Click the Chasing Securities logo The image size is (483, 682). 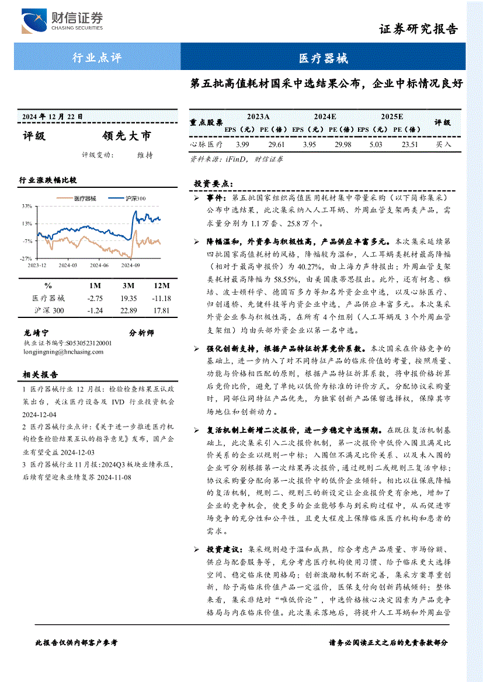click(x=62, y=22)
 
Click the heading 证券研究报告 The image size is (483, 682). click(x=418, y=29)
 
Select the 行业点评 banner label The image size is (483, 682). click(x=96, y=58)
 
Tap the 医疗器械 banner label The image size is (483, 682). click(x=323, y=58)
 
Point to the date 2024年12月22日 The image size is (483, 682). click(x=53, y=116)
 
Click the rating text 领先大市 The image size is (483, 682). click(x=126, y=136)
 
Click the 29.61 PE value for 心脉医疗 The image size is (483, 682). click(x=276, y=144)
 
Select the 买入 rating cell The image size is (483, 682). click(x=443, y=144)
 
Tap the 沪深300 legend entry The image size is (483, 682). click(x=135, y=198)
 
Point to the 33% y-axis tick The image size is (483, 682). click(x=27, y=206)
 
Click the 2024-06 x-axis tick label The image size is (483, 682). click(x=99, y=265)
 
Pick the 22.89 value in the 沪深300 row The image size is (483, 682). click(x=128, y=310)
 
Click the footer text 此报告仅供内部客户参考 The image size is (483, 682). click(x=77, y=642)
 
